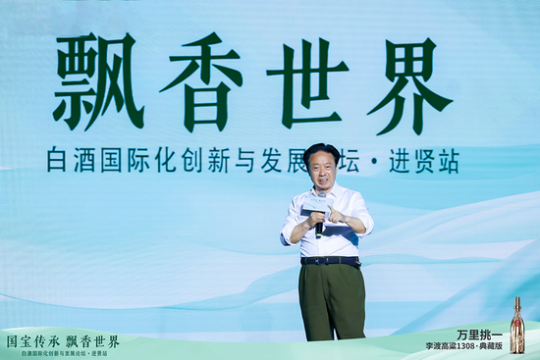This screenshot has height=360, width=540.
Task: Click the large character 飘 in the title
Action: click(99, 82)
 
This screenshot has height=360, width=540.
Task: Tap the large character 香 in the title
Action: click(202, 82)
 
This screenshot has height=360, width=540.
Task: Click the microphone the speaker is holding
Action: click(318, 227)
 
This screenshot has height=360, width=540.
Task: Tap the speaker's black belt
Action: click(331, 261)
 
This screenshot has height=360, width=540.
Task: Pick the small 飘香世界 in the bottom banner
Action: click(92, 341)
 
